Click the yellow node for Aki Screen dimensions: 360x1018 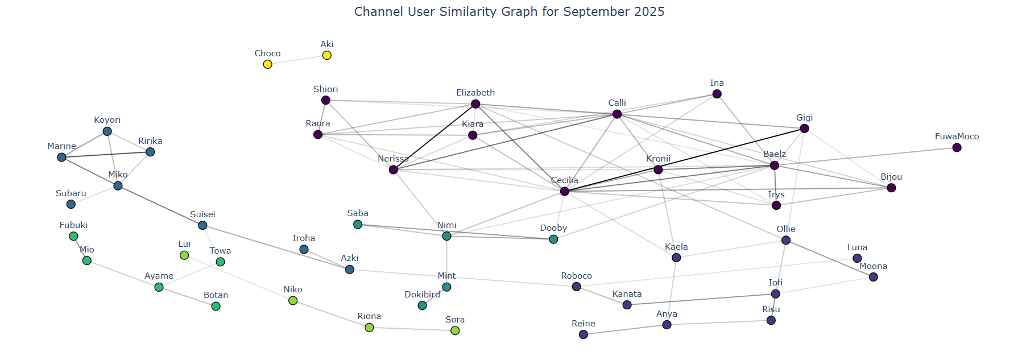[x=326, y=55]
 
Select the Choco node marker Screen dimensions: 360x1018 [x=267, y=64]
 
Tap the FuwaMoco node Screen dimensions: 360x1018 [x=957, y=147]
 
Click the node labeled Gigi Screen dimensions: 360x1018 [x=804, y=129]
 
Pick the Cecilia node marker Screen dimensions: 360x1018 [x=564, y=191]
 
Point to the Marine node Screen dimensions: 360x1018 [x=61, y=157]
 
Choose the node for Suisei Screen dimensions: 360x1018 [x=202, y=225]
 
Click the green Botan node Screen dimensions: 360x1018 [x=216, y=306]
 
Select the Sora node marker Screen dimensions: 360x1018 [x=455, y=330]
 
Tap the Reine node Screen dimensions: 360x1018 [x=583, y=334]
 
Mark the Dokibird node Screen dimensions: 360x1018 [x=422, y=305]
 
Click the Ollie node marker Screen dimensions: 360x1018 [x=785, y=240]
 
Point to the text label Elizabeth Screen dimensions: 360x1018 [x=475, y=93]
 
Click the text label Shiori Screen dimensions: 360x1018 [x=325, y=89]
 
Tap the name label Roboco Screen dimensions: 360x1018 [x=576, y=276]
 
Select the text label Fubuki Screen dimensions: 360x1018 [x=73, y=225]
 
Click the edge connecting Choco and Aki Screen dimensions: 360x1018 [x=297, y=60]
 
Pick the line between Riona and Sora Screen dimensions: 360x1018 [x=412, y=329]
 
